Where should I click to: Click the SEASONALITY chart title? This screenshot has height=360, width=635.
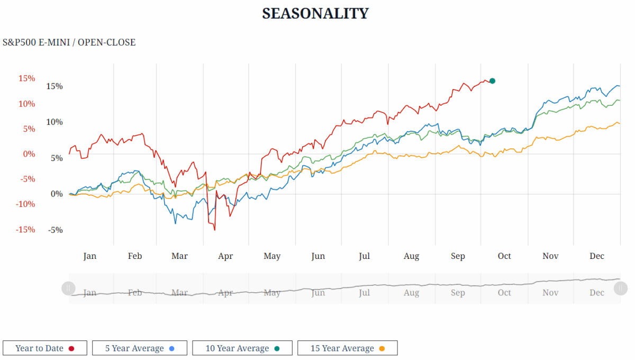(315, 14)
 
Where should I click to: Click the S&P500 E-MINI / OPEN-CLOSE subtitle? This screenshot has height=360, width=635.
(69, 42)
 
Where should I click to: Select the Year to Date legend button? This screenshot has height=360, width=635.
(45, 348)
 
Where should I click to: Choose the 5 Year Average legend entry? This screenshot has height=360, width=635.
(139, 348)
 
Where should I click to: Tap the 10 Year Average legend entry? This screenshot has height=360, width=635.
(242, 348)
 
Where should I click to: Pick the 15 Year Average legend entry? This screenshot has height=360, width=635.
(347, 348)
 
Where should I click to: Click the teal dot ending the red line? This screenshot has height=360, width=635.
(492, 81)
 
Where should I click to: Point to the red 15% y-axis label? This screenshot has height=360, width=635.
(26, 78)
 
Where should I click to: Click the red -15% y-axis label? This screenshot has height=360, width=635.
(25, 229)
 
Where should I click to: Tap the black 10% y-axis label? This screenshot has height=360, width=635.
(55, 122)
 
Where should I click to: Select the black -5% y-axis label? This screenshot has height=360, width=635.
(56, 230)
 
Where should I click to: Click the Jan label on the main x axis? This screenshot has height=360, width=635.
(90, 256)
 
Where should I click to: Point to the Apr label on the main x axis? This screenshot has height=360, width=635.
(225, 256)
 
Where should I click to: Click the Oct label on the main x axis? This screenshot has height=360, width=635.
(504, 256)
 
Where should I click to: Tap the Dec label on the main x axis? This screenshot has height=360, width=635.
(597, 256)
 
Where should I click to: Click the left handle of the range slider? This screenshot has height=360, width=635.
(68, 289)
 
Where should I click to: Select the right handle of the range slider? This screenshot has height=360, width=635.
(621, 289)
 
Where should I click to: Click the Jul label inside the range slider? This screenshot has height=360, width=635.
(364, 293)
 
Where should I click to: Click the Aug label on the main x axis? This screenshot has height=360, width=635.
(411, 256)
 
